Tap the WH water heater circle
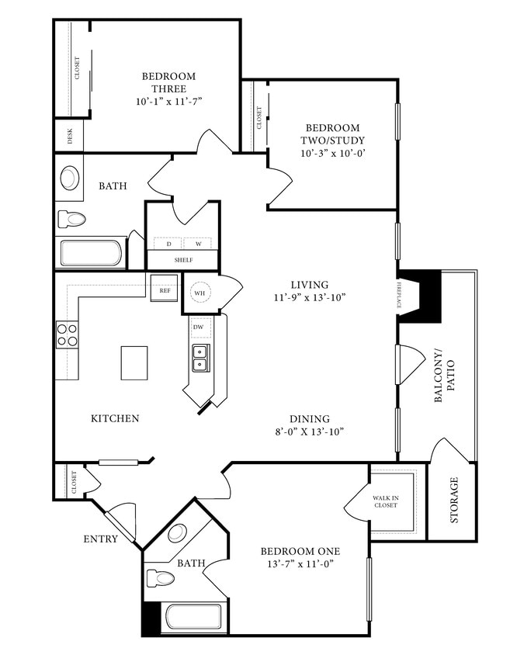[199, 292]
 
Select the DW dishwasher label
[199, 327]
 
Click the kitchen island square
[134, 362]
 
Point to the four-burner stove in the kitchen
[68, 334]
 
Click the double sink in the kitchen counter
[200, 357]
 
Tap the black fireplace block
[422, 295]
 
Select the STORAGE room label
[453, 501]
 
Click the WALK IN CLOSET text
[385, 501]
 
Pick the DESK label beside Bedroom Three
[70, 136]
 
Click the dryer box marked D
[168, 244]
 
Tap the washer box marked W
[198, 244]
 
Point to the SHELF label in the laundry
[183, 260]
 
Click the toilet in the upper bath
[71, 219]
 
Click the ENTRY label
[101, 539]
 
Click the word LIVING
[310, 285]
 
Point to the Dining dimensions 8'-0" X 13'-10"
[310, 431]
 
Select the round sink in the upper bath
[70, 178]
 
